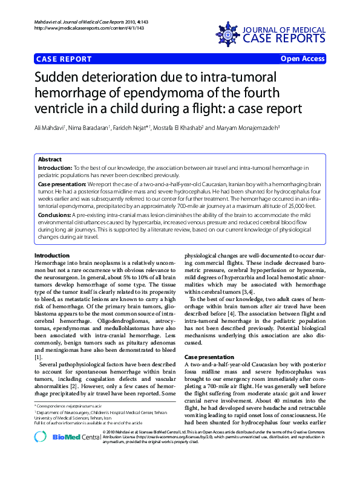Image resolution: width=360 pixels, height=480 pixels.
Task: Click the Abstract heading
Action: coord(50,159)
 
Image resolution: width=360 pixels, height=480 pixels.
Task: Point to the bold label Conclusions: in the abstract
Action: coord(55,215)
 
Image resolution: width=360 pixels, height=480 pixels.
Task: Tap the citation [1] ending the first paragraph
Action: coord(38,358)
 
